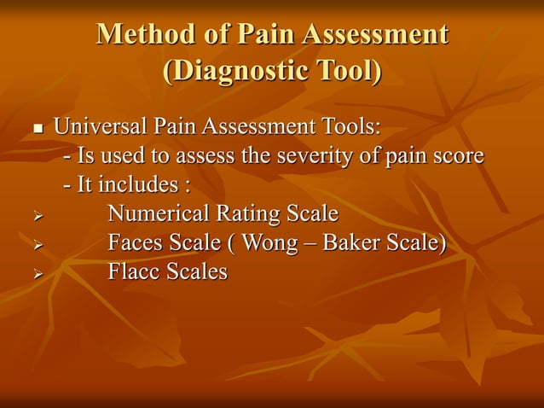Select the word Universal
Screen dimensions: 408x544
[x=100, y=127]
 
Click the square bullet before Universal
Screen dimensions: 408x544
[x=38, y=130]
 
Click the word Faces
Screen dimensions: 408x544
[x=136, y=242]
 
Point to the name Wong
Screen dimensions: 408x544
[x=269, y=242]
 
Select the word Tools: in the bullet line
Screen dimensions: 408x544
[x=348, y=127]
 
